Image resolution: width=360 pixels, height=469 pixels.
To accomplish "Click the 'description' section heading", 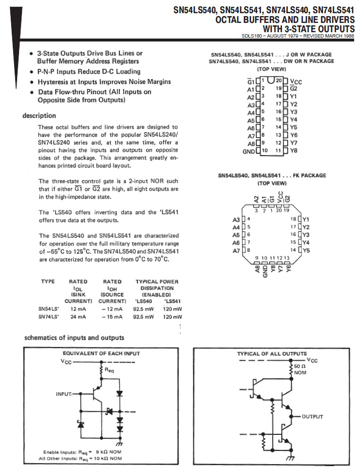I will [x=39, y=116].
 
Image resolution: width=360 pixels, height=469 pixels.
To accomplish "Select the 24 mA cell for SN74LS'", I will [x=78, y=317].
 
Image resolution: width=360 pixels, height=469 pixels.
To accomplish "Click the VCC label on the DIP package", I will [x=296, y=82].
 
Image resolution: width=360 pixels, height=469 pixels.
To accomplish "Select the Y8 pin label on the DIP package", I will [x=294, y=151].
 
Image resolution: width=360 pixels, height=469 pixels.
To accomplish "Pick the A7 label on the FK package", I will [x=236, y=251].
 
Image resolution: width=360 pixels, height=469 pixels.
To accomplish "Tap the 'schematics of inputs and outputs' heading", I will [x=74, y=338].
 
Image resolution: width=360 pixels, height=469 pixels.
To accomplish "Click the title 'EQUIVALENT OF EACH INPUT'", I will [x=101, y=353].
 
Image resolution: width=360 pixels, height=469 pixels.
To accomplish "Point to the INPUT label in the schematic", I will [x=64, y=393].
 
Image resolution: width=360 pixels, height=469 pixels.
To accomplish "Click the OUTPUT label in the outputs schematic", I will [x=312, y=417].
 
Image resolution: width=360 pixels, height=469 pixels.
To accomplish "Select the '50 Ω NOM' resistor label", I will [x=300, y=369].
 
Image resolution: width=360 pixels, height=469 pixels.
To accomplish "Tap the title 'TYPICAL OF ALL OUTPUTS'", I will [x=272, y=354].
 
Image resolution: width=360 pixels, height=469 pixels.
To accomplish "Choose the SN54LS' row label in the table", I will [x=47, y=309].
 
